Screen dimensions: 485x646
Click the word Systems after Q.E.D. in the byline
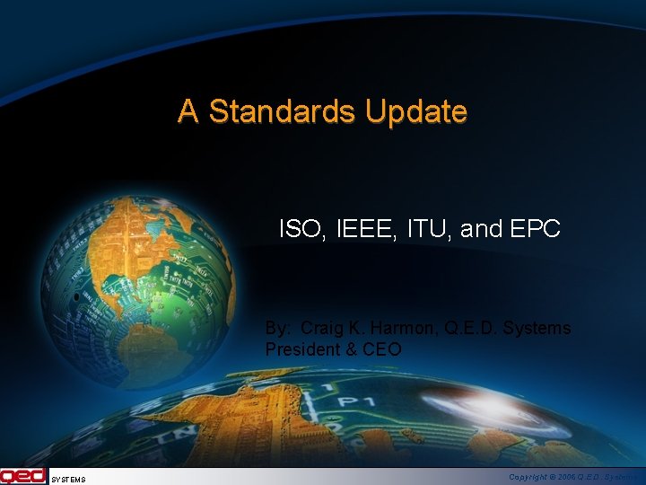pyautogui.click(x=536, y=329)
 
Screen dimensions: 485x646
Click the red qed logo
pyautogui.click(x=22, y=476)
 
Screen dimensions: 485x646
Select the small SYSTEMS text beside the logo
pyautogui.click(x=68, y=480)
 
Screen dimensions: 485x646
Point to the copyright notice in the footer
pyautogui.click(x=574, y=478)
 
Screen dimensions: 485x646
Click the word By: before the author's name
pyautogui.click(x=277, y=329)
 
